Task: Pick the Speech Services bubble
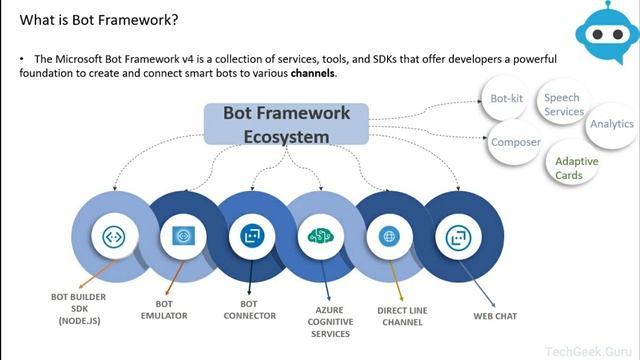[564, 105]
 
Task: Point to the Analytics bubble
[611, 124]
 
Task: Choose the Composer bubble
[515, 142]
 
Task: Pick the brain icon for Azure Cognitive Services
[318, 237]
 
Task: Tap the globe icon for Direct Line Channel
[386, 237]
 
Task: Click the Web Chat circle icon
[455, 237]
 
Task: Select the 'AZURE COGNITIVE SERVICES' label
[323, 321]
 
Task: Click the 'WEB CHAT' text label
[494, 315]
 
